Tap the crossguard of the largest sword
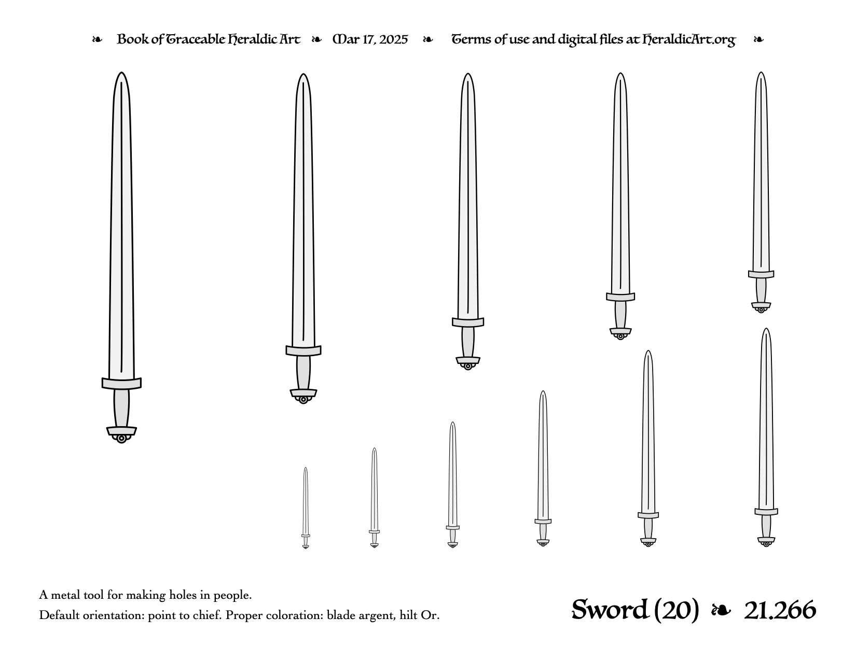click(x=121, y=384)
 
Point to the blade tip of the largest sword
click(x=122, y=73)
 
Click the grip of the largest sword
click(x=121, y=408)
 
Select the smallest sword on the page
click(x=305, y=508)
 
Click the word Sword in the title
click(x=610, y=610)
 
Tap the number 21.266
click(x=780, y=610)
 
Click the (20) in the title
click(x=676, y=610)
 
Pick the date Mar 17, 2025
click(x=370, y=40)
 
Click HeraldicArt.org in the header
click(x=688, y=40)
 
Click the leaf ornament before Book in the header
click(x=97, y=39)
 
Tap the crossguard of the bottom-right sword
click(x=766, y=512)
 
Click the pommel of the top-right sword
click(x=761, y=307)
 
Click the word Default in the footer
click(x=60, y=615)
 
